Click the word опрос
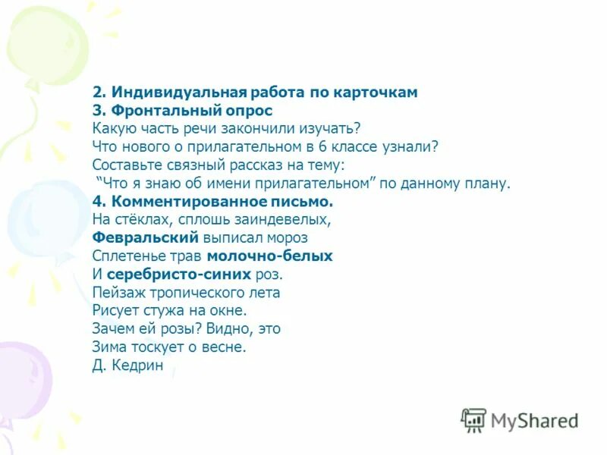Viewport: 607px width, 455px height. (245, 110)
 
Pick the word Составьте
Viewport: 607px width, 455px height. (126, 165)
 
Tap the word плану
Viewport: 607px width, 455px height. (490, 183)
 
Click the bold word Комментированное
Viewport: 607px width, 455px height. (189, 202)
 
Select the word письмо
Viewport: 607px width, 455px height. (302, 202)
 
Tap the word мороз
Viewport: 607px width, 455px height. (285, 238)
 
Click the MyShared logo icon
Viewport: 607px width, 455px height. (473, 420)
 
